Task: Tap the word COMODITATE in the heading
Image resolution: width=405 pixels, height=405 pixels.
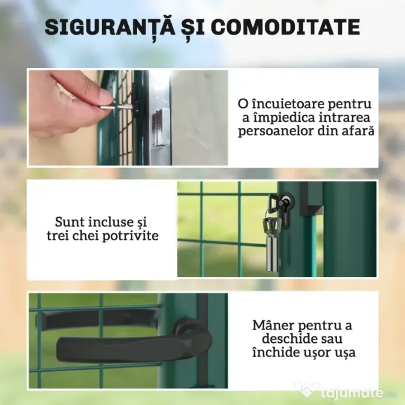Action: pyautogui.click(x=285, y=27)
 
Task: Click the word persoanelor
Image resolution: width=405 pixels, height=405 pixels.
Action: pyautogui.click(x=274, y=131)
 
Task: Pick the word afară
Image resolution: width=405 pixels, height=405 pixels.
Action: pyautogui.click(x=358, y=131)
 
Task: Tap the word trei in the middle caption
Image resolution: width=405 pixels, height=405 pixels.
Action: pyautogui.click(x=58, y=236)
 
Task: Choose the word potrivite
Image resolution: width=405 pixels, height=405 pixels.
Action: pyautogui.click(x=131, y=236)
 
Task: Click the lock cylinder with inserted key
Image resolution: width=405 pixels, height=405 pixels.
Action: pyautogui.click(x=285, y=202)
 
